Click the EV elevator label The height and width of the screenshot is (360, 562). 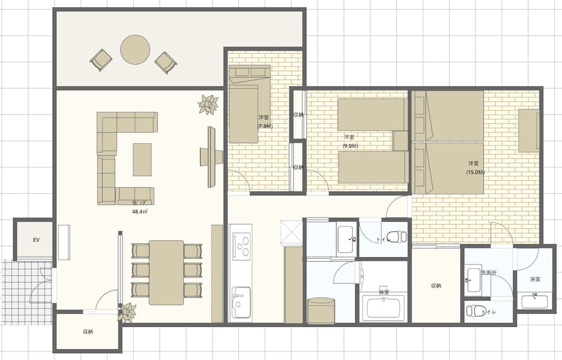click(35, 239)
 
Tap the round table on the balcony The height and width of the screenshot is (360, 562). click(135, 49)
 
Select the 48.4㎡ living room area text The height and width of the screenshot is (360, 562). click(139, 211)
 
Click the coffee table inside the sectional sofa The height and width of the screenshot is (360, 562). click(142, 160)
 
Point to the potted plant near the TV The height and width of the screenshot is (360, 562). click(209, 104)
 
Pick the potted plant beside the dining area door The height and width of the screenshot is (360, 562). click(128, 312)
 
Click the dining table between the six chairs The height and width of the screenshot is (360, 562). click(166, 272)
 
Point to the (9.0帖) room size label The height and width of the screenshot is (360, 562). click(350, 146)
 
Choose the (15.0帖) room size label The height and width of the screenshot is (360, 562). click(475, 172)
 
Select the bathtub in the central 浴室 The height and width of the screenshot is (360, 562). click(384, 307)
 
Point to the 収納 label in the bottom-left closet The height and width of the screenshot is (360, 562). click(87, 332)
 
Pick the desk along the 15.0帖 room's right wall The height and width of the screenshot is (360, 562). click(528, 130)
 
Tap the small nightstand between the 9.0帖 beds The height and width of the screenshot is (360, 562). click(400, 140)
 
